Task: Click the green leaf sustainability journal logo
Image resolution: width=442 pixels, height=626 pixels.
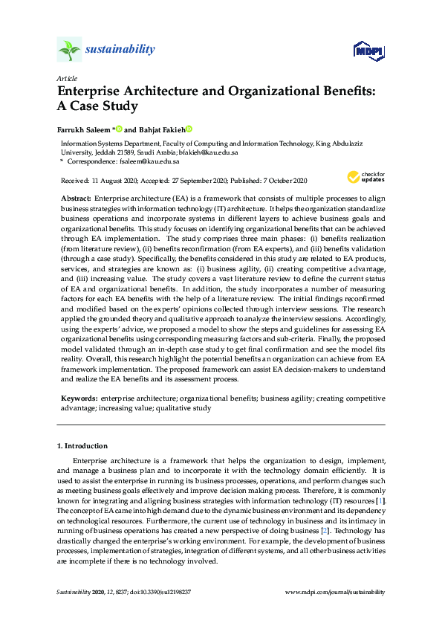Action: pos(69,50)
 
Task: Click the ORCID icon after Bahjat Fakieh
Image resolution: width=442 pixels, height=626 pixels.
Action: pos(189,129)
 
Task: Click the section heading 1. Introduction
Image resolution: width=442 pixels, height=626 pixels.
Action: pos(82,446)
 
